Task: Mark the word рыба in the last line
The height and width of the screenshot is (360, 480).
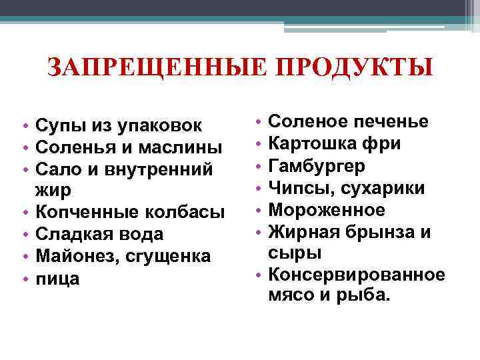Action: click(364, 295)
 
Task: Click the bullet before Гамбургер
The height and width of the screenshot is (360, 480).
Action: click(257, 166)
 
